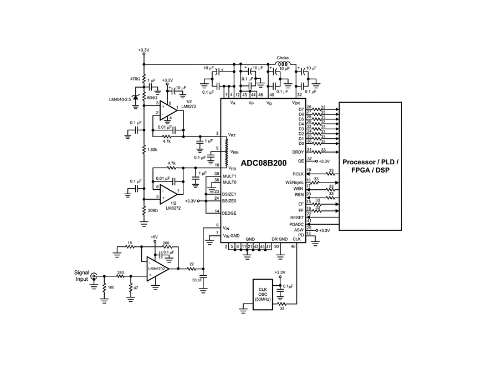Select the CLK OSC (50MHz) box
[263, 290]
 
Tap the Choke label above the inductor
[283, 57]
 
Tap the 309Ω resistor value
[152, 210]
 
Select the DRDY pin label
[298, 151]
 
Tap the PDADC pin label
[296, 224]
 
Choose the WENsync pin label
[294, 182]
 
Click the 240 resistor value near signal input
[121, 272]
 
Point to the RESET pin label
[297, 218]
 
